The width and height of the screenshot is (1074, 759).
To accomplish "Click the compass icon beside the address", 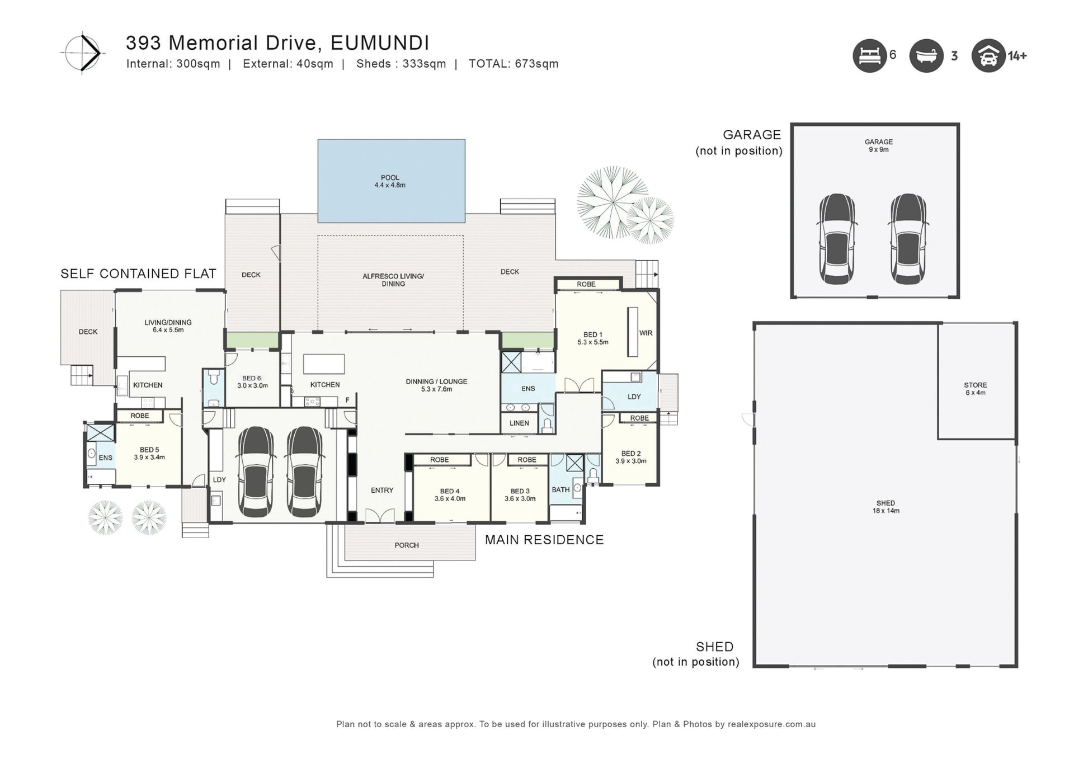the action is click(82, 53).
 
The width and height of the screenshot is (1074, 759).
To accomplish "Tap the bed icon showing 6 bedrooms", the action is click(870, 56).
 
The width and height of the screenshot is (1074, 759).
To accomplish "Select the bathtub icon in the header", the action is click(926, 56).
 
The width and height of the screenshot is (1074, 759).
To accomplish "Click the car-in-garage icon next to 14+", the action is click(988, 56).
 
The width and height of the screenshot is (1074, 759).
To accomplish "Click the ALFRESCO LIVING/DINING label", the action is click(393, 280).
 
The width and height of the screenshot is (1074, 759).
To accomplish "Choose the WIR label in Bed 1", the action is click(646, 333).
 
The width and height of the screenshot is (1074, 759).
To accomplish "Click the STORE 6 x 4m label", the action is click(976, 389).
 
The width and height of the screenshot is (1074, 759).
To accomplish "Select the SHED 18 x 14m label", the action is click(886, 507).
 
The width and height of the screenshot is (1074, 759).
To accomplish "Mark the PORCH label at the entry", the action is click(407, 545).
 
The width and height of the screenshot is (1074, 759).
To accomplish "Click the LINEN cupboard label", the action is click(519, 423).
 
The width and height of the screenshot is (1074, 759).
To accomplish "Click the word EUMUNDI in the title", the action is click(380, 43).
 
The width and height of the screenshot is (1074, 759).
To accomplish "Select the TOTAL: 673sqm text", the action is click(514, 64).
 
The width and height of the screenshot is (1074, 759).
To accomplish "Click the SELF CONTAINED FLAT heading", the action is click(138, 274).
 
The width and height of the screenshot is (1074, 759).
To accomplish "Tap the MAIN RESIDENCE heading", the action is click(544, 540).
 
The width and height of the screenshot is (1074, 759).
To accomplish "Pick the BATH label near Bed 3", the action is click(560, 490).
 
